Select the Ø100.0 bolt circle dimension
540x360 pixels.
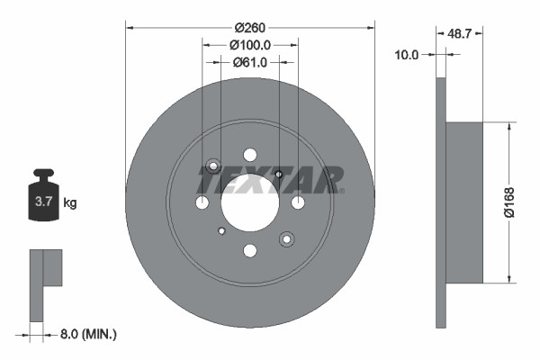point(249,44)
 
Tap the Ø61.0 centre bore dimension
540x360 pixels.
point(249,62)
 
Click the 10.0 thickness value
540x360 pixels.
point(407,55)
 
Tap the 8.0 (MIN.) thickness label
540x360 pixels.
point(86,335)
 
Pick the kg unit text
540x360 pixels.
point(70,203)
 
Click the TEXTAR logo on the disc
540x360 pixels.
point(270,179)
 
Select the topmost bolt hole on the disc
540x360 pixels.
point(249,155)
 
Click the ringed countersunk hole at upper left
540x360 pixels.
point(213,166)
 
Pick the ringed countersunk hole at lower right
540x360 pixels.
point(286,238)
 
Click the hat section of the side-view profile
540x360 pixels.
point(464,202)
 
